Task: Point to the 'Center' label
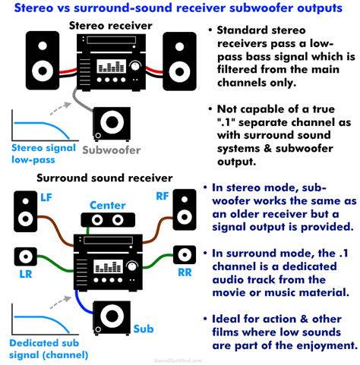(x=107, y=205)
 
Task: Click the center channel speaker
(x=107, y=222)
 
